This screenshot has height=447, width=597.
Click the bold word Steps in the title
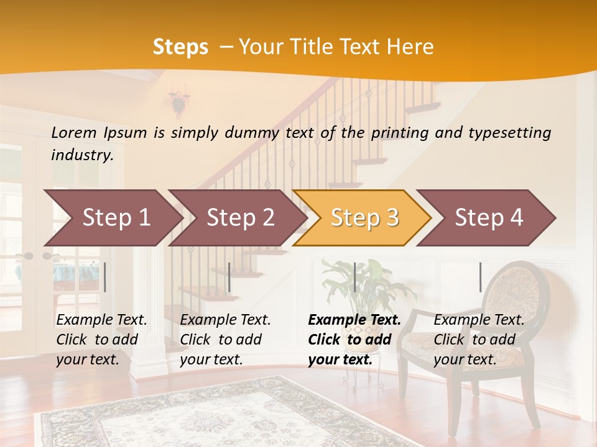click(180, 47)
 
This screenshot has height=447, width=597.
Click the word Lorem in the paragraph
click(74, 132)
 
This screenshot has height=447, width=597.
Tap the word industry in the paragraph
click(82, 155)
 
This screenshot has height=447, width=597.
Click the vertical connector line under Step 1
click(105, 277)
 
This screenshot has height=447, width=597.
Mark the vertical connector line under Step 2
click(229, 277)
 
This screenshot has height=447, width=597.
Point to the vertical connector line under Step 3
click(355, 277)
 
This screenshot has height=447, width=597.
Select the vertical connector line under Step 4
click(480, 277)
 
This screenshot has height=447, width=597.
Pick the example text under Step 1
click(101, 340)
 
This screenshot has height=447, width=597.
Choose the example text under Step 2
click(225, 340)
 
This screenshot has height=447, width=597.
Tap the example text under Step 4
click(479, 340)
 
